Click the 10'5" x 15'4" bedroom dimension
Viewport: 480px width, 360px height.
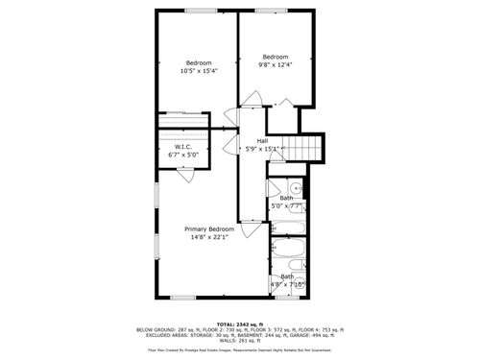[199, 71]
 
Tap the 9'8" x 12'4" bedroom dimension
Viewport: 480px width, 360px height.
[276, 64]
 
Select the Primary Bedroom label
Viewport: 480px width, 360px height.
[209, 228]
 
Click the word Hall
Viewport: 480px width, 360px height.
[262, 140]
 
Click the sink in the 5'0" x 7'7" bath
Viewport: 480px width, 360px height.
[297, 186]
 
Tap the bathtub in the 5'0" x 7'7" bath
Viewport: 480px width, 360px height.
[287, 228]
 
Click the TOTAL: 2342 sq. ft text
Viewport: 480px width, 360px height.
[240, 324]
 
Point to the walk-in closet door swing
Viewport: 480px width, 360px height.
[186, 175]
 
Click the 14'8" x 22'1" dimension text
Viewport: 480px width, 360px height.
[209, 237]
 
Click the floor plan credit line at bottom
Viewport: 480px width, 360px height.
[240, 350]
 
